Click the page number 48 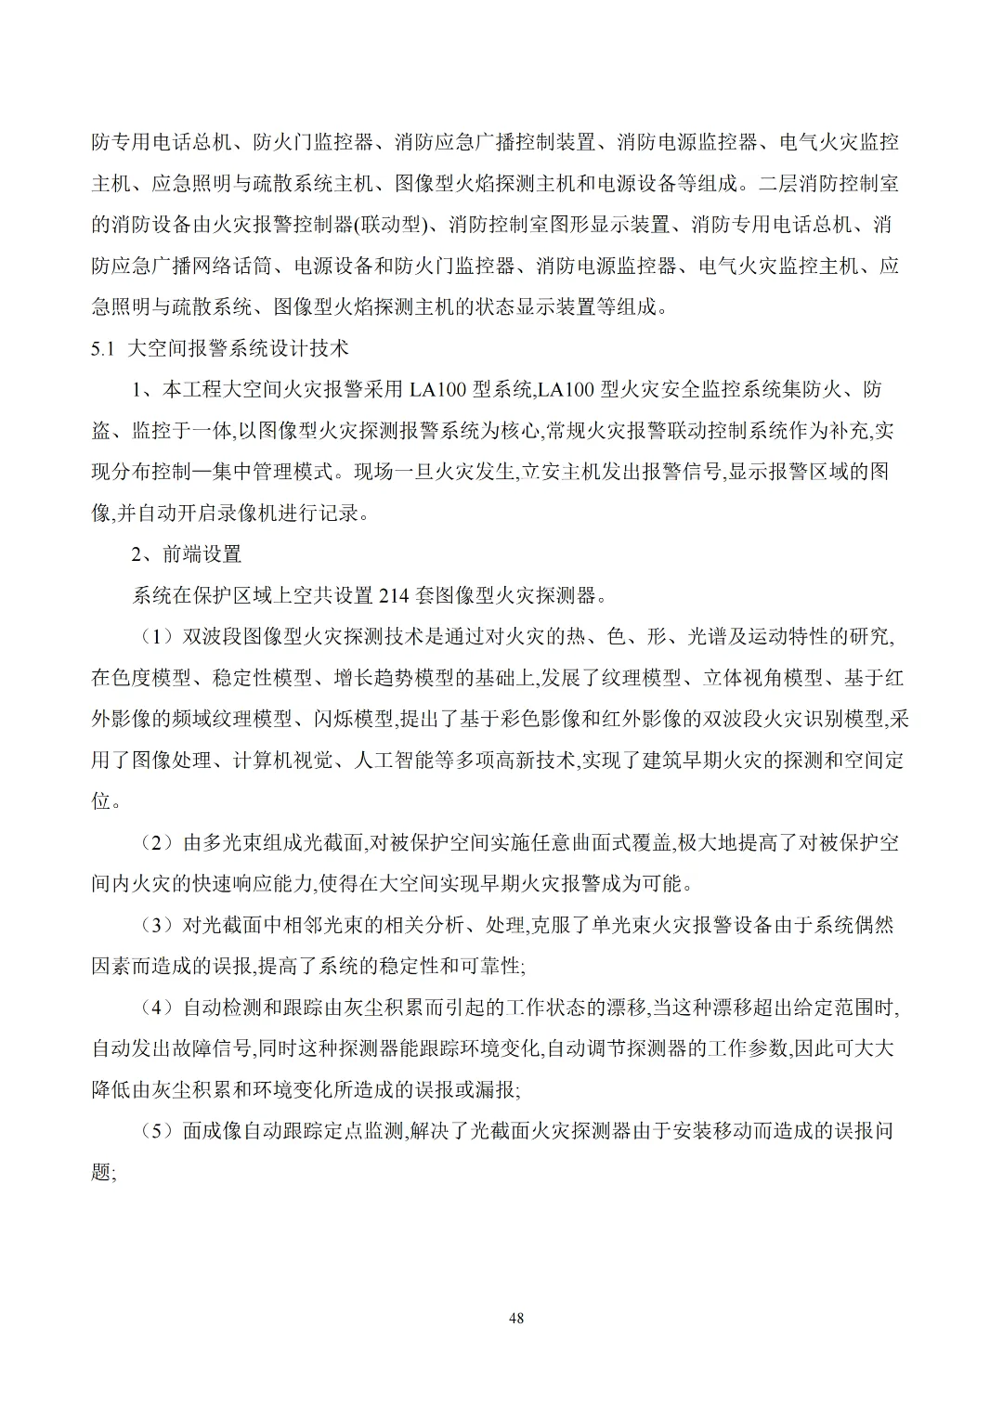pyautogui.click(x=517, y=1318)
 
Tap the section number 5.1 pyautogui.click(x=102, y=348)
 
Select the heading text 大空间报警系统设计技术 pyautogui.click(x=237, y=348)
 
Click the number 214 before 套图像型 pyautogui.click(x=396, y=595)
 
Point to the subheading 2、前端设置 pyautogui.click(x=186, y=554)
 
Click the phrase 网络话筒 pyautogui.click(x=232, y=266)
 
